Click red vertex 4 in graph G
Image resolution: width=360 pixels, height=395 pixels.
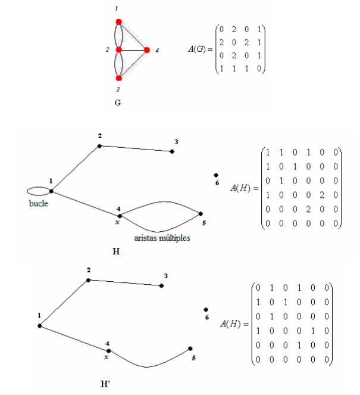coord(147,50)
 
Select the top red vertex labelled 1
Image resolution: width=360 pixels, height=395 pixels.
coord(119,22)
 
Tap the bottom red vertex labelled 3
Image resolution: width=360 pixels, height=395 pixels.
coord(119,78)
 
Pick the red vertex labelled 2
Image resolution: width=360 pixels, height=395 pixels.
coord(119,50)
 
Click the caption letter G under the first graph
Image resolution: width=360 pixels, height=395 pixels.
coord(117,102)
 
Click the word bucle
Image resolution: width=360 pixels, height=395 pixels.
coord(39,203)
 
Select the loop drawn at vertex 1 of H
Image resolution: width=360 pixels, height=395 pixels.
coord(38,191)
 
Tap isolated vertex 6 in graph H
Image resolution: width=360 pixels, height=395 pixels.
coord(216,175)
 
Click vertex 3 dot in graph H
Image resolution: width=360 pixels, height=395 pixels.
coord(172,151)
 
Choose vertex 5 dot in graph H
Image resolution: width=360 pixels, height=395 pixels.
coord(201,214)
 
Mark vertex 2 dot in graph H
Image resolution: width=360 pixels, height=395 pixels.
coord(99,145)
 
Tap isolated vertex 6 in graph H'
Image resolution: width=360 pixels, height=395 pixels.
coord(206,310)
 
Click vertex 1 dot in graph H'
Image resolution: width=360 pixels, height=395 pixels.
coord(39,325)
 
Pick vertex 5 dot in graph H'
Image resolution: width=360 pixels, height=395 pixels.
coord(190,349)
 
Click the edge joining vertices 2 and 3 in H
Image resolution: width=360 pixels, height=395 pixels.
coord(136,148)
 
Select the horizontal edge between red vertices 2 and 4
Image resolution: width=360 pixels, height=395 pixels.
coord(133,50)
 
